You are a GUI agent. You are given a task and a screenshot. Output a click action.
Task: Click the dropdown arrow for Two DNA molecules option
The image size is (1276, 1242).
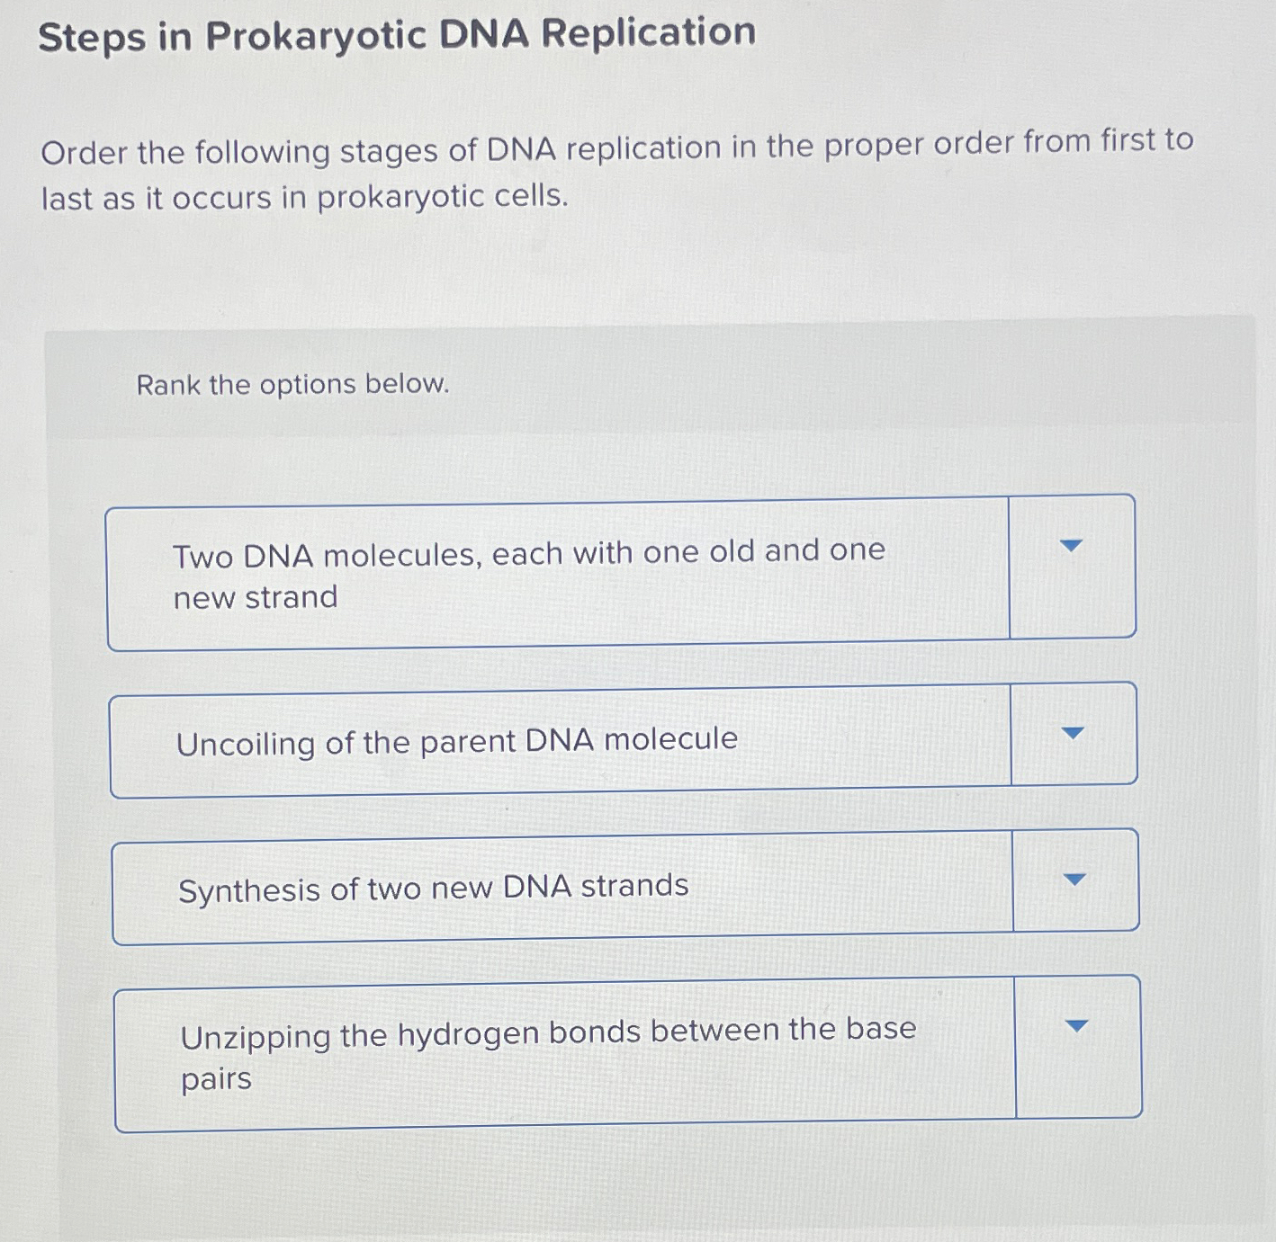[x=1071, y=546]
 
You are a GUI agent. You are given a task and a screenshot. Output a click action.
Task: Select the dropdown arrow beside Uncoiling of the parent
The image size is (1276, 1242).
[x=1073, y=734]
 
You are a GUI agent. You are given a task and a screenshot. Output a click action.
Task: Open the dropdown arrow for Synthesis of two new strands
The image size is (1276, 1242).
[x=1074, y=880]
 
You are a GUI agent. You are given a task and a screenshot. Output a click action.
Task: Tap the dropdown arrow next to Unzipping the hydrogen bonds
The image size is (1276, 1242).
[x=1076, y=1026]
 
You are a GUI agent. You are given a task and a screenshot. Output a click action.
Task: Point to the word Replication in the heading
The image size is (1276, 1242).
[x=648, y=33]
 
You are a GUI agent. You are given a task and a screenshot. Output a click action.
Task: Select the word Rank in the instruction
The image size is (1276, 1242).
[x=168, y=386]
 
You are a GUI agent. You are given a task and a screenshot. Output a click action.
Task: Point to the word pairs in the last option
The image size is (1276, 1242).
[x=216, y=1079]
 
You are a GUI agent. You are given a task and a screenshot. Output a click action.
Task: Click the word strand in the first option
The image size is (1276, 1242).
[x=291, y=597]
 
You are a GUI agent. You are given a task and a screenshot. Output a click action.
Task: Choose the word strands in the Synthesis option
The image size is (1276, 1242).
[x=634, y=886]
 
